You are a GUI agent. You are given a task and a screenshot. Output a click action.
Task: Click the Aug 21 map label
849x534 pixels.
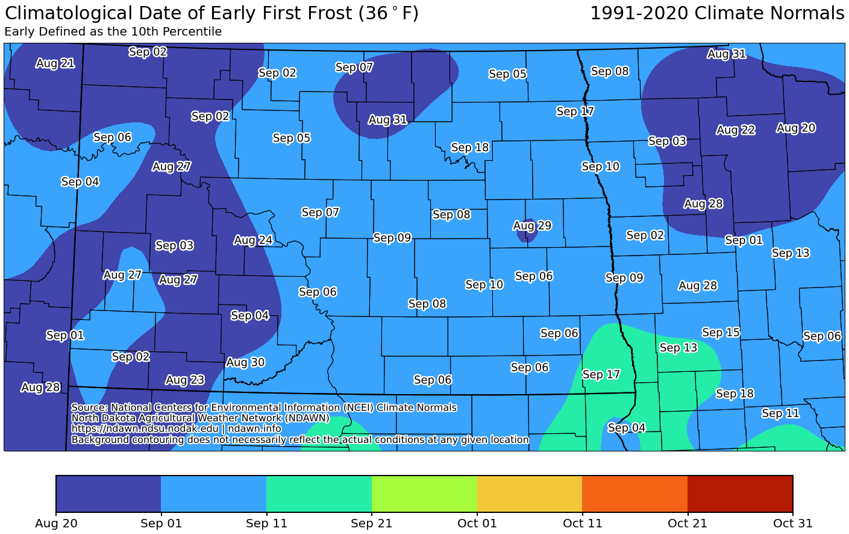(x=55, y=63)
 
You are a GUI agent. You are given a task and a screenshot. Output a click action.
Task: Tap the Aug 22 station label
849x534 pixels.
(x=736, y=130)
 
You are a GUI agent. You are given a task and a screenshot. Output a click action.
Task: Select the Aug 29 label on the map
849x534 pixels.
(x=532, y=225)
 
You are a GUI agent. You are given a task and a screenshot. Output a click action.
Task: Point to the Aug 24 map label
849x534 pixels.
(x=253, y=240)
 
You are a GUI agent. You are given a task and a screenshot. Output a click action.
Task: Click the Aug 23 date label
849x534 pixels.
(x=185, y=380)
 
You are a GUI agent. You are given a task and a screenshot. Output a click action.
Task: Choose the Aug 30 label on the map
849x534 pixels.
(x=245, y=362)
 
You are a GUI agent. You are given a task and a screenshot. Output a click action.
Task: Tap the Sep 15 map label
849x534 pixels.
(x=721, y=332)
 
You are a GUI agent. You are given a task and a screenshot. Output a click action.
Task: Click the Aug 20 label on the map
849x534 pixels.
(x=796, y=128)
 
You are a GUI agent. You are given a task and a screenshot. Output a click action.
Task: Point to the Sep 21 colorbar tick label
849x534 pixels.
(x=372, y=523)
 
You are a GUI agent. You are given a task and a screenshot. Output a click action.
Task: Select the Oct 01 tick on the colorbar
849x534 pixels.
(x=477, y=523)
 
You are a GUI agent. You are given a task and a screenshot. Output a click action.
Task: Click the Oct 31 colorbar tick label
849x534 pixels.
(x=793, y=523)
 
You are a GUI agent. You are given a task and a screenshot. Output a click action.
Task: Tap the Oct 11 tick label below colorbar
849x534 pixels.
(x=583, y=523)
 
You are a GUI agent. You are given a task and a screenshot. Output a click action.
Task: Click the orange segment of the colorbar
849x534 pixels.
(x=635, y=494)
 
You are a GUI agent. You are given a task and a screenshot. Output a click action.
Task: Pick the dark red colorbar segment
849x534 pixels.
(x=740, y=494)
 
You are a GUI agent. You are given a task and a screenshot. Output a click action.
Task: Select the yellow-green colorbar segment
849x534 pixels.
(x=424, y=494)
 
